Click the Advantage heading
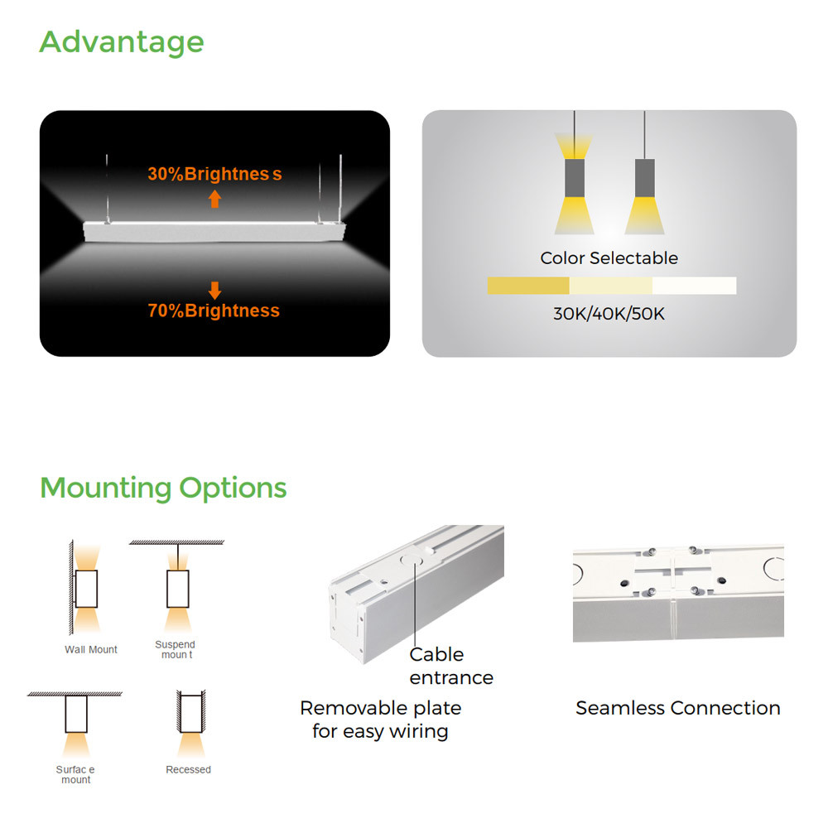[122, 42]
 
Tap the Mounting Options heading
[163, 488]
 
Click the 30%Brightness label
[214, 174]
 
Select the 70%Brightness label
[214, 310]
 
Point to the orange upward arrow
[214, 199]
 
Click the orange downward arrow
[214, 291]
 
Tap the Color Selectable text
[609, 258]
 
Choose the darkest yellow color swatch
[528, 286]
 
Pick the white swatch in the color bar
[695, 286]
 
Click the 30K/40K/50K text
[609, 314]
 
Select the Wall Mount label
[91, 649]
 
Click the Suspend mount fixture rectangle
[177, 589]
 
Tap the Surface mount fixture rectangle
[76, 714]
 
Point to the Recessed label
[188, 769]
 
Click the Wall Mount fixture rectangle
[86, 589]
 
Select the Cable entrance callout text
[451, 666]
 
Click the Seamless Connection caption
[678, 708]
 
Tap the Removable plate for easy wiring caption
[380, 720]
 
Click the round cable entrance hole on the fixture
[412, 560]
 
